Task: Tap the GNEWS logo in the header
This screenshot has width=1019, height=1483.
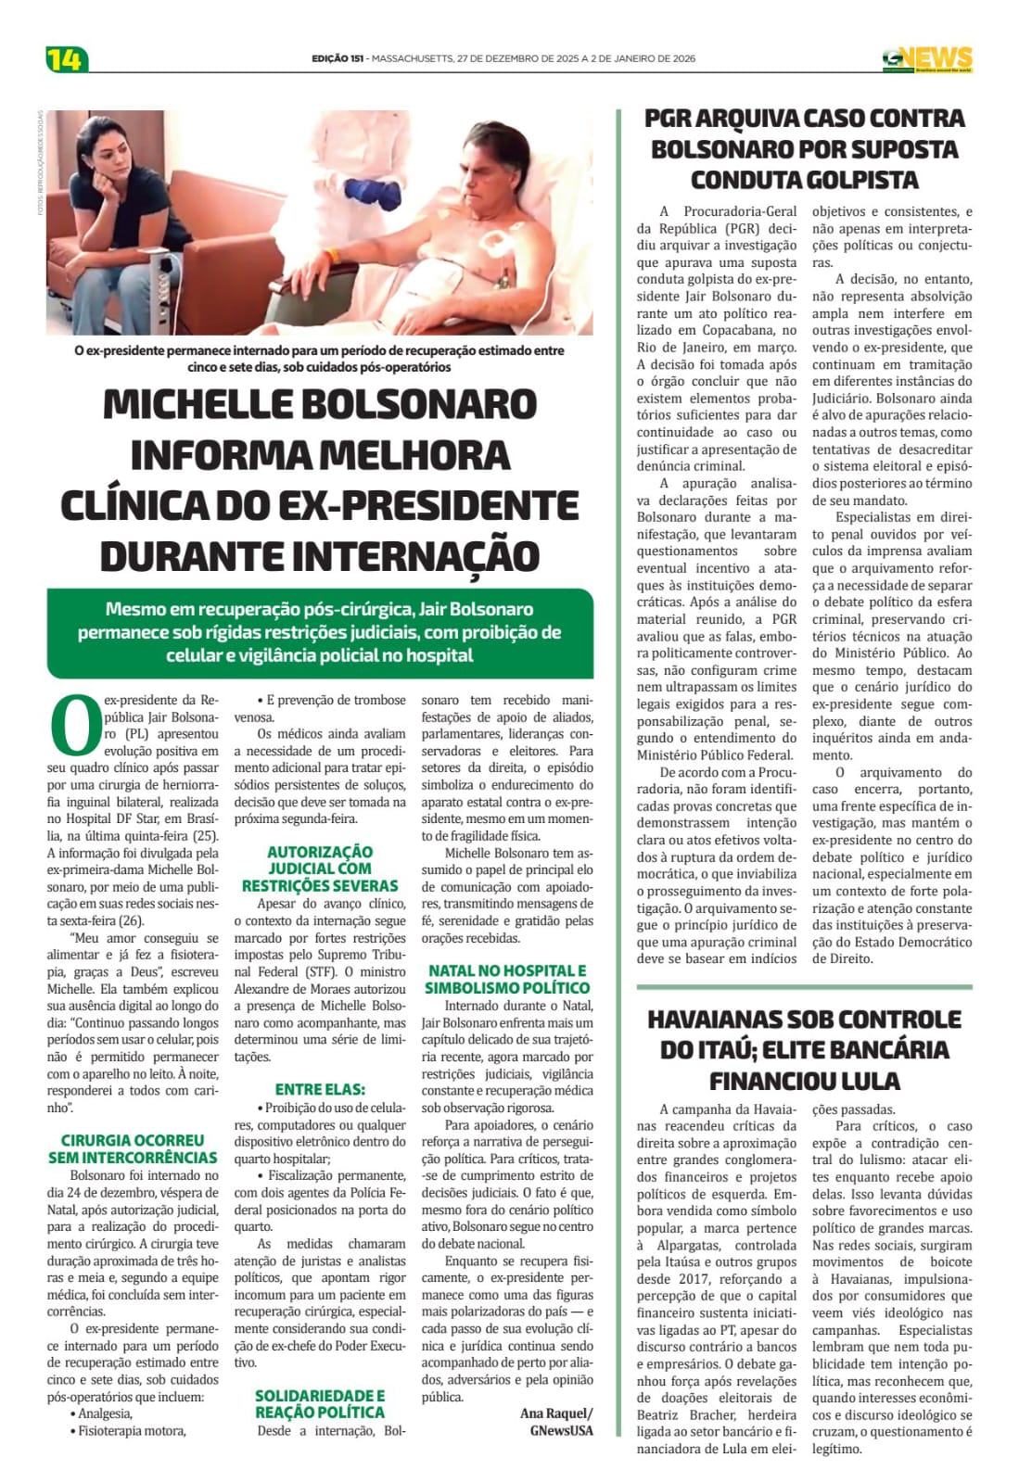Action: (x=926, y=58)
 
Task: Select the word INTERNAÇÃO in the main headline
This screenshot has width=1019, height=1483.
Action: (x=416, y=556)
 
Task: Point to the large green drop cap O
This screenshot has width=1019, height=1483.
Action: (x=73, y=725)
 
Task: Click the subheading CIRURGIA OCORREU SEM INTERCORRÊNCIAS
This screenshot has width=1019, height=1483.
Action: (x=133, y=1148)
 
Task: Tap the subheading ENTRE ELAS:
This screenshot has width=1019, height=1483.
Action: (x=320, y=1089)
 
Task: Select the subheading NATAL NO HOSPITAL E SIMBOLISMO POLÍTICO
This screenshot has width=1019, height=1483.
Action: (x=507, y=979)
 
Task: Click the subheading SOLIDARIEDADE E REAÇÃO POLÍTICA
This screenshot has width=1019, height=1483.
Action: (x=320, y=1403)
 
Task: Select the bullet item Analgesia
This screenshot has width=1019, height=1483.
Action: (x=105, y=1413)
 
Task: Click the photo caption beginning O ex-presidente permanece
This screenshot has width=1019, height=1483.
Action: (x=319, y=358)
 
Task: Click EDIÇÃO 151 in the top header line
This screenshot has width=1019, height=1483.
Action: (x=338, y=58)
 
